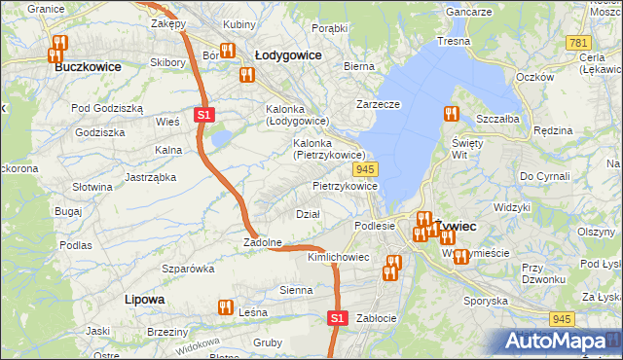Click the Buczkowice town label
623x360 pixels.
click(88, 67)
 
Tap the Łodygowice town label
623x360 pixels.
click(287, 55)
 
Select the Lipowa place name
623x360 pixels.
click(144, 300)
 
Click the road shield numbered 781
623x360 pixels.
click(578, 44)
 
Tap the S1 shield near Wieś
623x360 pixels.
click(202, 115)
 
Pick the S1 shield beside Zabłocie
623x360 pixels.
click(337, 318)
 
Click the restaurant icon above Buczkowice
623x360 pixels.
click(59, 44)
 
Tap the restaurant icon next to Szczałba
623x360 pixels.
click(450, 114)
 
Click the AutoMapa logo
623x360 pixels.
click(561, 342)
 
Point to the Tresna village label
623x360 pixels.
click(454, 41)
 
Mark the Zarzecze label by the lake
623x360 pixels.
click(379, 103)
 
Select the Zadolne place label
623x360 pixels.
click(263, 242)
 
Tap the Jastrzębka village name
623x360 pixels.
click(150, 177)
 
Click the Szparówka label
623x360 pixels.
click(188, 268)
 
